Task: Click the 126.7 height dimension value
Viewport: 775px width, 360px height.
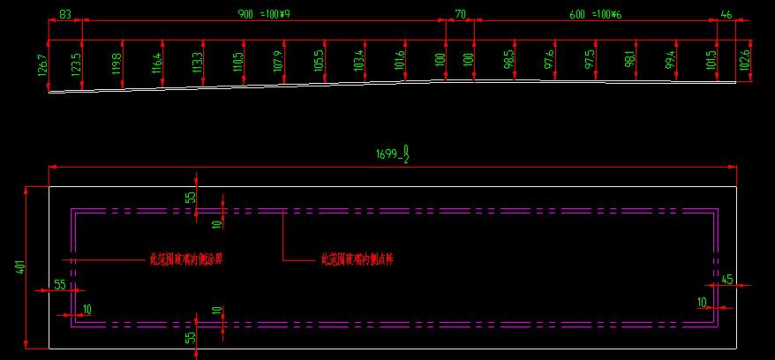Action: tap(42, 65)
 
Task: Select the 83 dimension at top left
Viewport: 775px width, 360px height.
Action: tap(65, 15)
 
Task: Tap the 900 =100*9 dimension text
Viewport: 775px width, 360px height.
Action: tap(265, 15)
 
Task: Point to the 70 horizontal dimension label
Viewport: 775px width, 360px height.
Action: tap(460, 15)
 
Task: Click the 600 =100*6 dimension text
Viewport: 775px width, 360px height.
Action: tap(596, 15)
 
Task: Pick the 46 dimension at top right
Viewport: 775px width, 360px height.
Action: tap(726, 15)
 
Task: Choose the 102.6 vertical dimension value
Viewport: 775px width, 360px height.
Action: tap(745, 60)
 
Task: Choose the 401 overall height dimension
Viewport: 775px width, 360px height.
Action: tap(19, 267)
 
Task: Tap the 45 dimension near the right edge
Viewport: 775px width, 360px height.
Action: tap(727, 279)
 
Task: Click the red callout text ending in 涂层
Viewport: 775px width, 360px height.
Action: tap(185, 260)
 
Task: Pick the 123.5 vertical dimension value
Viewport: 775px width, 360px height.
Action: tap(76, 64)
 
